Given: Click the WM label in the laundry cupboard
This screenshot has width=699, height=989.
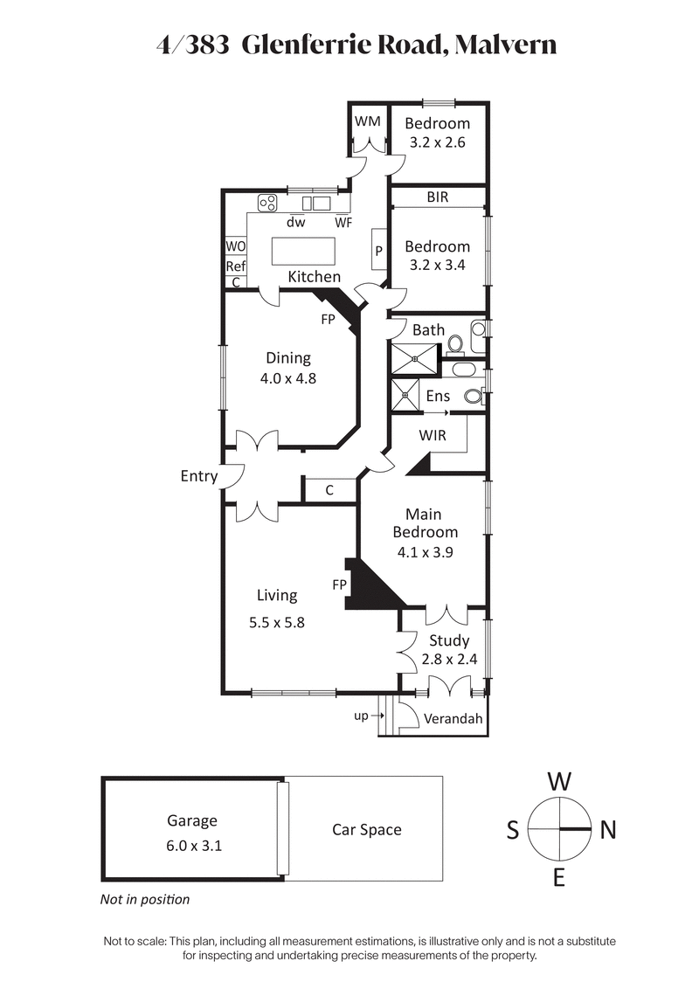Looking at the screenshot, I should tap(368, 121).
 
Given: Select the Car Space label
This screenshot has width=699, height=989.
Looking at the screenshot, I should tap(367, 829).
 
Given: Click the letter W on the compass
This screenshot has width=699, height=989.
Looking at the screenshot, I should tap(559, 779).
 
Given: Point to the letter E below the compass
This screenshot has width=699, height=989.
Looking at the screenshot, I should tap(559, 878).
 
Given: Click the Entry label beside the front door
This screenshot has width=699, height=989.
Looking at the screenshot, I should tap(198, 476).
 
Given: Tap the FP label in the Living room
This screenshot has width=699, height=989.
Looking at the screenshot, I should tap(340, 583).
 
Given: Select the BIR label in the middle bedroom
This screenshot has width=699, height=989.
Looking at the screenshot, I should tap(438, 197).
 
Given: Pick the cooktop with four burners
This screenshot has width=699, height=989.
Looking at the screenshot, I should tap(267, 204).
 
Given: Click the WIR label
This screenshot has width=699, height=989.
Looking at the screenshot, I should tap(433, 434).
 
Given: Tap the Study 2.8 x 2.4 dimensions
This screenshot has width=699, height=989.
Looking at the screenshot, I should tap(449, 660).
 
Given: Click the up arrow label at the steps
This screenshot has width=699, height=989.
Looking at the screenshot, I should tap(361, 716).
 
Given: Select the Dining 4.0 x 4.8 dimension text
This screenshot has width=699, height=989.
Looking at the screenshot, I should tap(288, 379).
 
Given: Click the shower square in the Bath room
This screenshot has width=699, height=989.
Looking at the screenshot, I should tap(413, 359).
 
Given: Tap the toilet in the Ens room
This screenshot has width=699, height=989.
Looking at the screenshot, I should tap(473, 396).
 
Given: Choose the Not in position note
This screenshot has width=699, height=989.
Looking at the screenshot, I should tap(145, 899).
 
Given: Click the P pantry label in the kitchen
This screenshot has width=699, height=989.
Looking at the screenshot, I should tap(379, 251).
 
